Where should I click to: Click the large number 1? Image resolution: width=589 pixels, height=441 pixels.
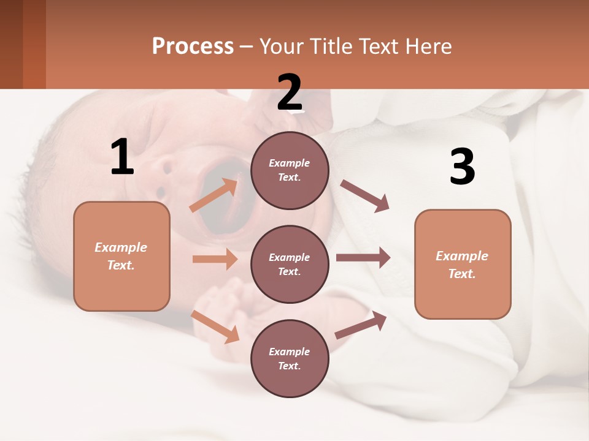click(122, 157)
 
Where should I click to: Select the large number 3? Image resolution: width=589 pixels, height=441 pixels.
click(463, 167)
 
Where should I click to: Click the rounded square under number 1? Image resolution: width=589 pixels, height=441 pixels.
click(121, 256)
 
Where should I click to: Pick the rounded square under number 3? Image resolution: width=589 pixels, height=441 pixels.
click(463, 264)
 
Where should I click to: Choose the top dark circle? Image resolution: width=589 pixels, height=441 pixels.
click(290, 170)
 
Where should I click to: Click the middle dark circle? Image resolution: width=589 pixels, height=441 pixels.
click(290, 264)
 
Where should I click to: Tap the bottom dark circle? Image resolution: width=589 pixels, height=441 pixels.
click(290, 358)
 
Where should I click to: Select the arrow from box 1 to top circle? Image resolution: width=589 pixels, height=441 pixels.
click(214, 195)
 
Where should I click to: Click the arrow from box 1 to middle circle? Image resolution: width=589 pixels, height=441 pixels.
click(215, 259)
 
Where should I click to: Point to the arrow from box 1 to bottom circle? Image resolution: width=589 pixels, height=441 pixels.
click(215, 326)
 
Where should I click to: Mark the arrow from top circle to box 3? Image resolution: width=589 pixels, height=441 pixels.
click(365, 196)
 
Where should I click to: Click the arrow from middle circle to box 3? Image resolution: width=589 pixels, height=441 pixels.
click(363, 258)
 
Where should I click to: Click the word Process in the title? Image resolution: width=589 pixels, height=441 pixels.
click(193, 46)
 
